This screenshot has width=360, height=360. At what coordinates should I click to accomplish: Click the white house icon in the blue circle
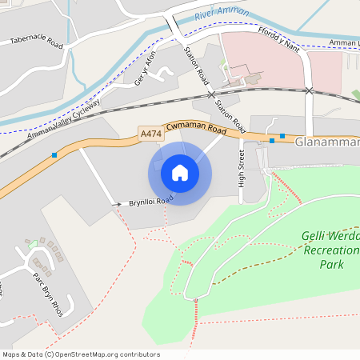[x=180, y=173]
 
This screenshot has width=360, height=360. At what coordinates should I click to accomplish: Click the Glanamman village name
[x=327, y=142]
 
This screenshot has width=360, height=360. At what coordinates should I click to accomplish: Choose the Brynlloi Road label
[x=151, y=202]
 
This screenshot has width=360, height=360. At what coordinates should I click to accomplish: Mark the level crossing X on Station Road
[x=212, y=95]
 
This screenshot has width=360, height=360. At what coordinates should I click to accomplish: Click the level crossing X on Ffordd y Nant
[x=310, y=90]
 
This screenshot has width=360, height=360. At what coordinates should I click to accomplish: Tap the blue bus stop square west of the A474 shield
[x=54, y=154]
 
